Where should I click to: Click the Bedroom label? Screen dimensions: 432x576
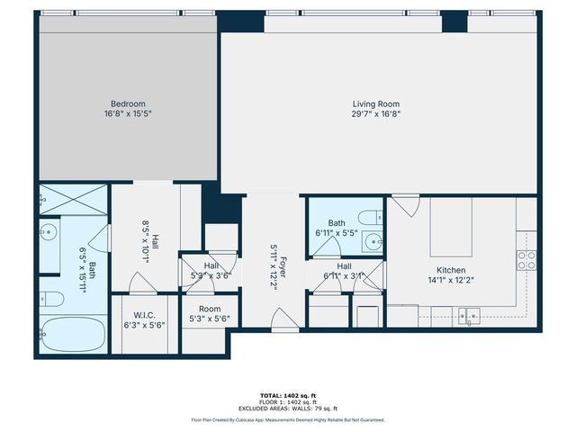[128, 103]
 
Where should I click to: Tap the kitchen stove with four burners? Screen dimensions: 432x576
[526, 260]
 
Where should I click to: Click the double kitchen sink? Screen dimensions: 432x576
[467, 315]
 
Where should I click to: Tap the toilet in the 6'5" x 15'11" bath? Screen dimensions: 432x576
[52, 299]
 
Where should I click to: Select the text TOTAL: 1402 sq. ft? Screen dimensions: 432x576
[288, 394]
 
